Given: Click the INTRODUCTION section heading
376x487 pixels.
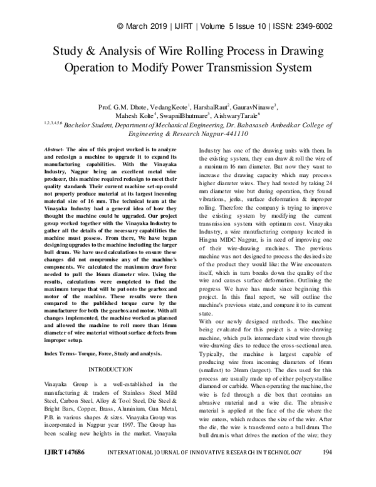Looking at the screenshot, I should (x=110, y=369).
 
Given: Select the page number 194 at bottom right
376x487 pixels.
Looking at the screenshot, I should (x=326, y=469).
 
